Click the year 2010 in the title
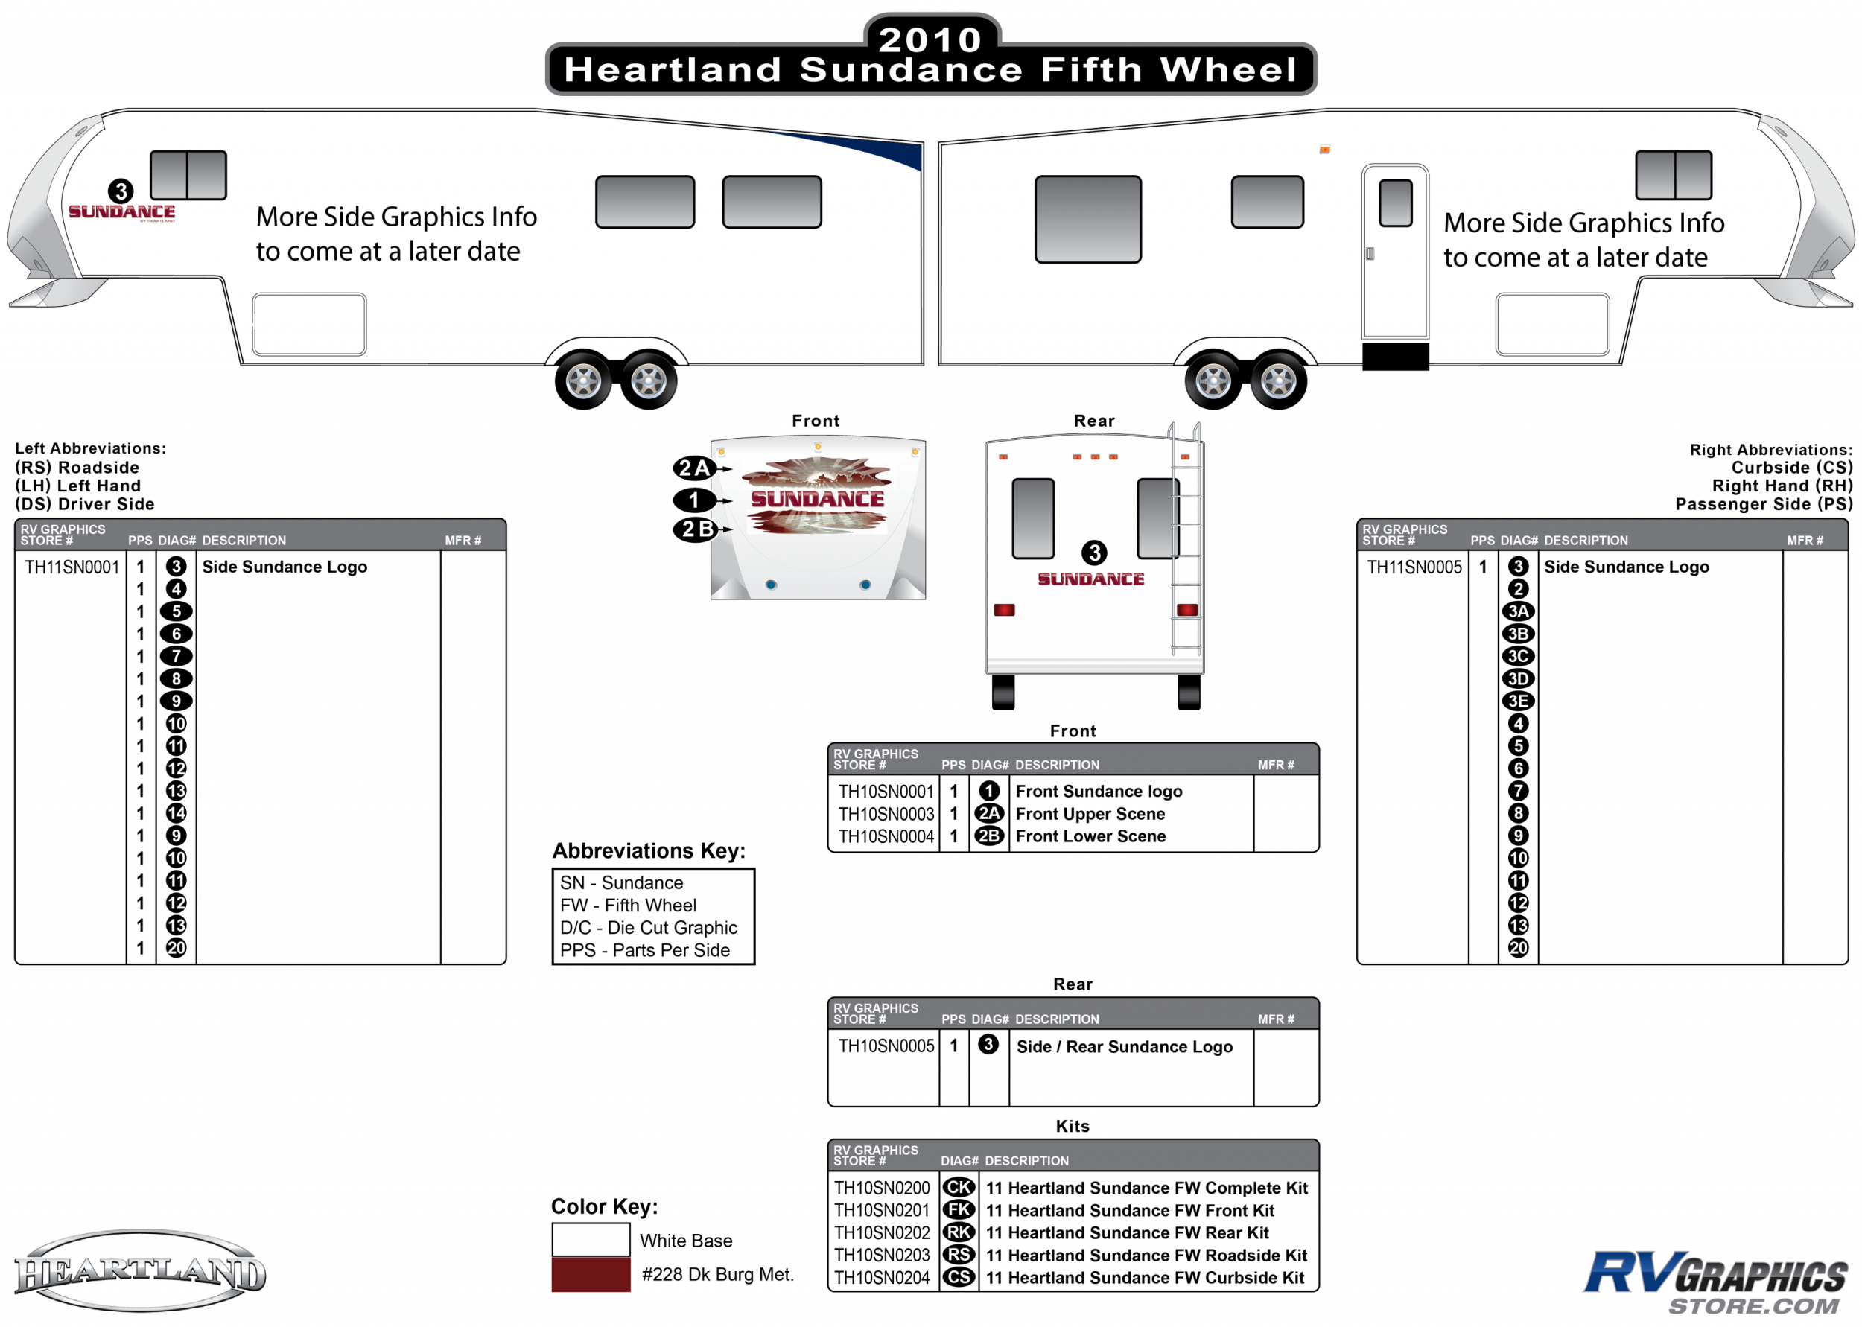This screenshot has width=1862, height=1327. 930,39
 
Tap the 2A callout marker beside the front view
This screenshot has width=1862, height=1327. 693,468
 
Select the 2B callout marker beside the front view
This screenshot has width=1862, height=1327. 693,529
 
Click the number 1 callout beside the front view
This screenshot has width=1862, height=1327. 693,499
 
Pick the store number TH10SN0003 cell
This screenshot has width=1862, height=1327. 886,814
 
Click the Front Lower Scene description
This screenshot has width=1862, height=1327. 1090,836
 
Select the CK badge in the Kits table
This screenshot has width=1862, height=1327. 959,1187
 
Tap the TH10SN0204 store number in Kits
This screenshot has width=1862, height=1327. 882,1277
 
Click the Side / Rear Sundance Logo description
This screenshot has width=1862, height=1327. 1124,1047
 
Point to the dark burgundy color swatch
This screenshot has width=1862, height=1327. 591,1275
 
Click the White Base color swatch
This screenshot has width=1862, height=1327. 591,1240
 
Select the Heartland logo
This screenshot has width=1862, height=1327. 140,1271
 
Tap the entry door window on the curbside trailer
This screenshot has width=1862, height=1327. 1396,203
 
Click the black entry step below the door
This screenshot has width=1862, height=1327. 1396,357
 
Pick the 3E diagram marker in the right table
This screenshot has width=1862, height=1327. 1518,701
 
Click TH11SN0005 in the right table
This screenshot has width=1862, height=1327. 1414,567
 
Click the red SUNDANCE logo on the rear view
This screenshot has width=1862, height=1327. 1090,579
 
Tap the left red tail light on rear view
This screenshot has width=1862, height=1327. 1004,611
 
